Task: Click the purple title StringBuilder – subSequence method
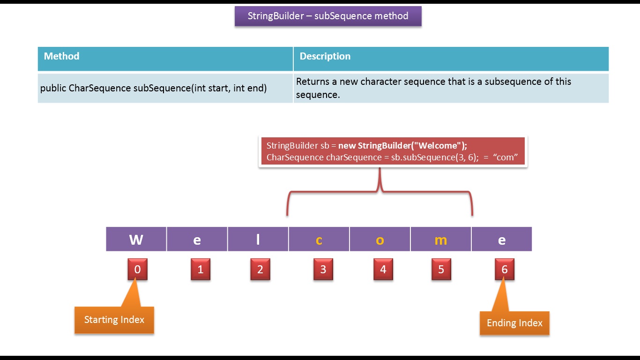328,16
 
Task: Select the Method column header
165,59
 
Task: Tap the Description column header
451,59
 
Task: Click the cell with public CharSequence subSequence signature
165,88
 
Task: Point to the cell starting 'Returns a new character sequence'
451,88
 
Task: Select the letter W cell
136,240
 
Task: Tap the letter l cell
258,240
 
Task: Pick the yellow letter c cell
319,240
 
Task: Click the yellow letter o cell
380,240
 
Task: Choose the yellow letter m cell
440,240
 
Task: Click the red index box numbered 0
137,270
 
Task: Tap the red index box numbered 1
201,270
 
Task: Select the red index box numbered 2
260,270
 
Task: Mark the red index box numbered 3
323,270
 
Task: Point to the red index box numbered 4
383,270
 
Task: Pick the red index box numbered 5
441,270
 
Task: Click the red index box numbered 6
505,270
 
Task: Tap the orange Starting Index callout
114,320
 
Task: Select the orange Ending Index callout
514,323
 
